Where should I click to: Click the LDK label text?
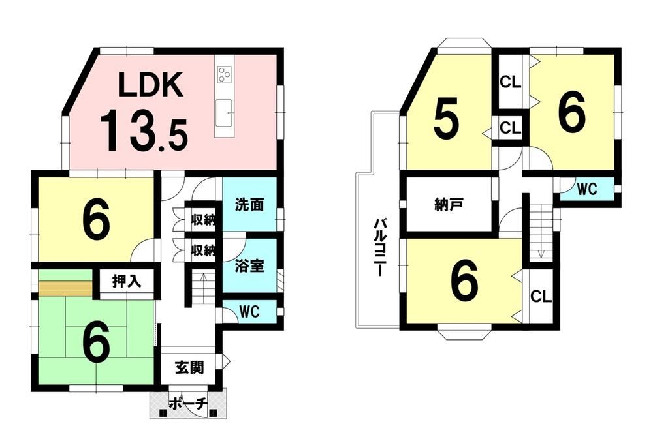coord(151,85)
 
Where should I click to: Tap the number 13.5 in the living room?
coord(144,130)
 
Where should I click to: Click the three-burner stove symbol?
coord(225,74)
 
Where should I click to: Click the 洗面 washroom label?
coord(249,205)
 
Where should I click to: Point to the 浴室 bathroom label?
coord(249,266)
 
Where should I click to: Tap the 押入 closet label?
coord(127,282)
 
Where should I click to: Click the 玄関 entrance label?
coord(189,367)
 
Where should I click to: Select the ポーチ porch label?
coord(188,404)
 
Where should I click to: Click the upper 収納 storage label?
coord(203,219)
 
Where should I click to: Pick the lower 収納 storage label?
coord(203,250)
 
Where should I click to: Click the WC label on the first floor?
coord(249,311)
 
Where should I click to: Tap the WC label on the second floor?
coord(587,190)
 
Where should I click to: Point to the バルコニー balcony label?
coord(379,247)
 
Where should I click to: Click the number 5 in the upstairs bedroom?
coord(447,119)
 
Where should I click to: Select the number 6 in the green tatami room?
coord(96,342)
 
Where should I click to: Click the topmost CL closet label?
coord(510,82)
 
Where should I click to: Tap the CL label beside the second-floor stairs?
coord(541,297)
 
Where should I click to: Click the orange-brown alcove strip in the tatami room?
coord(65,288)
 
